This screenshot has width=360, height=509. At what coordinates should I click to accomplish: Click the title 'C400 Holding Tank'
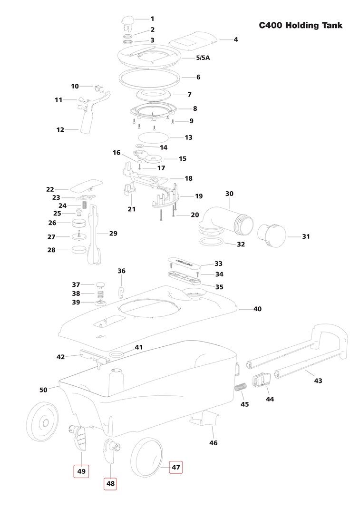(301, 26)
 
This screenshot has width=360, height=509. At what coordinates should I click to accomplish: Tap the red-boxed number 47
(175, 468)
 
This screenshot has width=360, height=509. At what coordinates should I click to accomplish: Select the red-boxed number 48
(110, 484)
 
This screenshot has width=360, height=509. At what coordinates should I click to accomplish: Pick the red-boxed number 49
(81, 471)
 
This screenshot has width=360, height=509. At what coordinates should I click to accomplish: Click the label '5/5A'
(203, 58)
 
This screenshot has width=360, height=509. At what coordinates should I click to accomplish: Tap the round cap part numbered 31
(272, 235)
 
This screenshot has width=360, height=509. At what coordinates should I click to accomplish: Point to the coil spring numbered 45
(241, 387)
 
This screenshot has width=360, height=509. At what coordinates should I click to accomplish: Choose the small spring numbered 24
(84, 205)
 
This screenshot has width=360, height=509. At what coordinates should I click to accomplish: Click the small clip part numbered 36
(121, 292)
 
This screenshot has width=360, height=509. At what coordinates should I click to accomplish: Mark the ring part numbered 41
(117, 353)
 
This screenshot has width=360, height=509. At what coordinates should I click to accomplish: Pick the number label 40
(257, 309)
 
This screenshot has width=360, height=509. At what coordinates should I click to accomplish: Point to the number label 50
(43, 390)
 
